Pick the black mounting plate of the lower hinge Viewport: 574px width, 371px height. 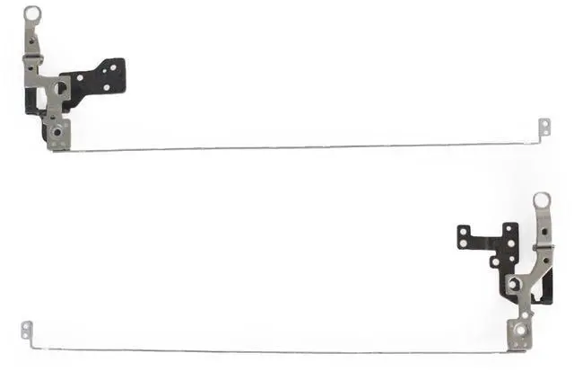484,241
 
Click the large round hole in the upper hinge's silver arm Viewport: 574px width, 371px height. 57,88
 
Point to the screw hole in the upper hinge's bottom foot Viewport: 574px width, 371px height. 56,131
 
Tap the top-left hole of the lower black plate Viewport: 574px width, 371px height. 463,232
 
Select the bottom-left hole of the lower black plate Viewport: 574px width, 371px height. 463,243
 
